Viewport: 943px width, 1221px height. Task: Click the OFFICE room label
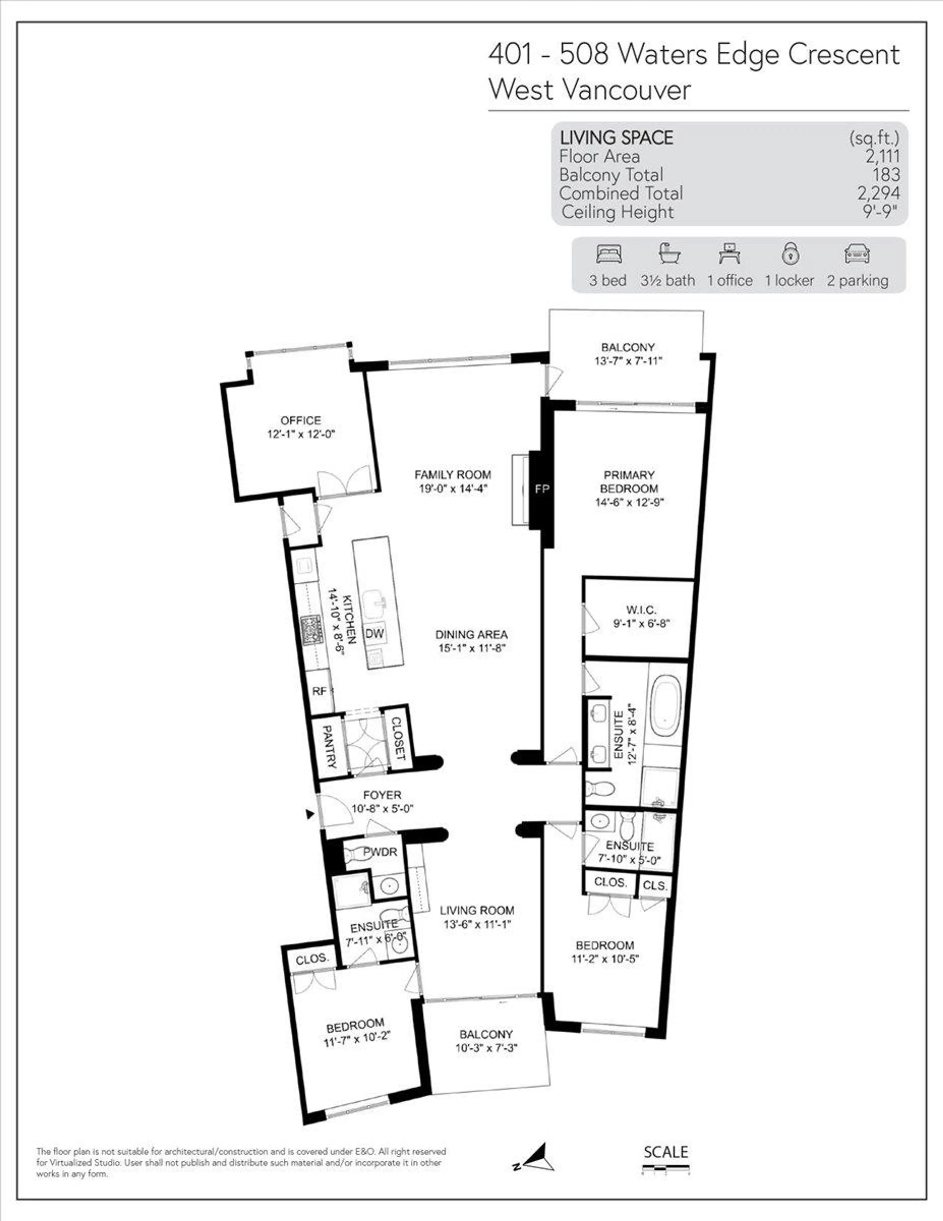[301, 421]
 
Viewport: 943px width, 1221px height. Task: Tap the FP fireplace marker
[542, 489]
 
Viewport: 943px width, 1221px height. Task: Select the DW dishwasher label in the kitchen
[374, 633]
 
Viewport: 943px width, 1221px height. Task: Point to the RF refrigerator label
[319, 691]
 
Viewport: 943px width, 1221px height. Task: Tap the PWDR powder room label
[380, 852]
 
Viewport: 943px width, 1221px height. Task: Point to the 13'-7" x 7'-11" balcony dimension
[628, 361]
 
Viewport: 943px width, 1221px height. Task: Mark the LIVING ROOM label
[477, 911]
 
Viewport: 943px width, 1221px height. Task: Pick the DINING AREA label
[471, 634]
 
